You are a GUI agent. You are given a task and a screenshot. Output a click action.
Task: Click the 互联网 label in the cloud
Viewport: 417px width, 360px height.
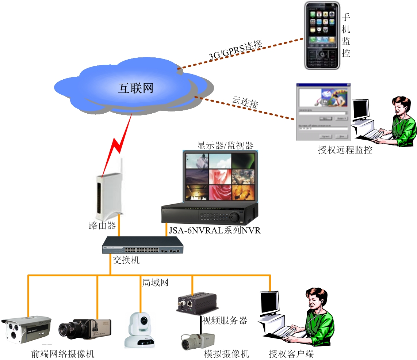tap(135, 88)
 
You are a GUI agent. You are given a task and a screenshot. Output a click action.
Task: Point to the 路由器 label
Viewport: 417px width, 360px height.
tap(102, 226)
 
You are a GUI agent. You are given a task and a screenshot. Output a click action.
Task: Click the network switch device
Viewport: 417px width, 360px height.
tap(143, 245)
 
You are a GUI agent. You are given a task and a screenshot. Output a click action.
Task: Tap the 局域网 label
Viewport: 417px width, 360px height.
tap(155, 282)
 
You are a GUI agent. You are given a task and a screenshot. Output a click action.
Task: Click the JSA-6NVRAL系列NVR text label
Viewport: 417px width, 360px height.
tap(215, 230)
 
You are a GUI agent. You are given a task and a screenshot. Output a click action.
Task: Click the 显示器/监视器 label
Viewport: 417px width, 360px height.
tap(225, 145)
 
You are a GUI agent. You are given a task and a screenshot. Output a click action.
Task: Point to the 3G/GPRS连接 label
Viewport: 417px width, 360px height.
tap(236, 50)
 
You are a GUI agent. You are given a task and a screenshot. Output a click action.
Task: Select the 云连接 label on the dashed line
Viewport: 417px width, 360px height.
tap(245, 103)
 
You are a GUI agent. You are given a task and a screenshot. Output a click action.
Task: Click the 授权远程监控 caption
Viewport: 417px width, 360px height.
tap(345, 150)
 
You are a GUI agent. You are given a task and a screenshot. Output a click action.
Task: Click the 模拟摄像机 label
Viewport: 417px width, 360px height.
tap(226, 354)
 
